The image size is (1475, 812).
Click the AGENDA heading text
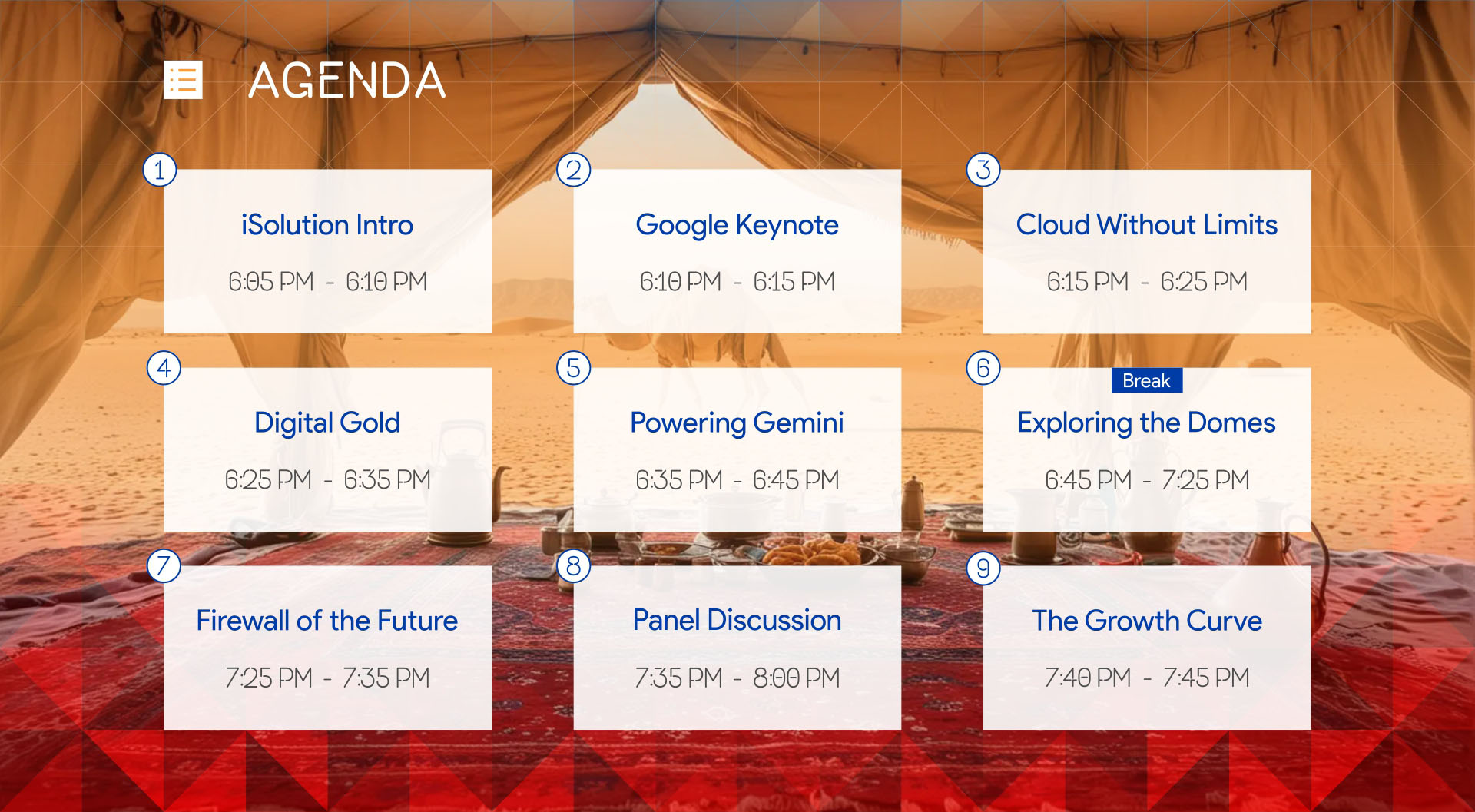tap(347, 81)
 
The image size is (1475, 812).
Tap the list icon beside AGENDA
tap(184, 80)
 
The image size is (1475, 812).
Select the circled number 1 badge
tap(160, 170)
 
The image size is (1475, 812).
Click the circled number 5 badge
tap(574, 368)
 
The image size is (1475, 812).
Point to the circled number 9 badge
tap(983, 568)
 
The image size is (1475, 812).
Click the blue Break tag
tap(1146, 380)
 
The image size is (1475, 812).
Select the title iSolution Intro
tap(327, 225)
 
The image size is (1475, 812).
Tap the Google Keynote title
tap(737, 226)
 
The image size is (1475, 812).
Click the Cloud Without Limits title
tap(1147, 225)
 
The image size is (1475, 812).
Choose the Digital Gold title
tap(327, 423)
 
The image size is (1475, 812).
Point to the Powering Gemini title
tap(737, 423)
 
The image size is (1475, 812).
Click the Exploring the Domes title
tap(1146, 423)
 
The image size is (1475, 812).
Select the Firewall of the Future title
tap(327, 621)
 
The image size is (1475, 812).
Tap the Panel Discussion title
tap(737, 621)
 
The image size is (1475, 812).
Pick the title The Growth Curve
tap(1147, 621)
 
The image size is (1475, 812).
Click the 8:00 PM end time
tap(797, 678)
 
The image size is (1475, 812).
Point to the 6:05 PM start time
tap(271, 282)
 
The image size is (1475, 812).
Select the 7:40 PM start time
tap(1088, 678)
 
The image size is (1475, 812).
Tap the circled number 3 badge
tap(983, 170)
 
